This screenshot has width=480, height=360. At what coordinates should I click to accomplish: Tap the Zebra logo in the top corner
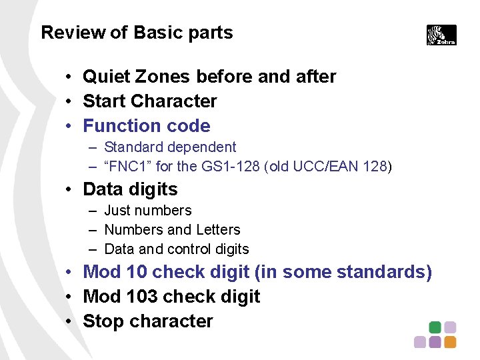(x=441, y=35)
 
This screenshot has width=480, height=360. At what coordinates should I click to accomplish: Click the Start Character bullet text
(x=149, y=101)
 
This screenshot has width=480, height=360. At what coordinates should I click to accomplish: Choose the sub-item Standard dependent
(x=170, y=147)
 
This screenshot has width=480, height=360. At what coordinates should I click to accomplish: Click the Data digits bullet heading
(x=130, y=189)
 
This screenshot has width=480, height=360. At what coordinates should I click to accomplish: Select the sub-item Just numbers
(x=148, y=211)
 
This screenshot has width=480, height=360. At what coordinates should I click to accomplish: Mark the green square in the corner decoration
(x=435, y=327)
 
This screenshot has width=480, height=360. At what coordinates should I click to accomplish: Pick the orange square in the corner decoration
(x=450, y=342)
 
